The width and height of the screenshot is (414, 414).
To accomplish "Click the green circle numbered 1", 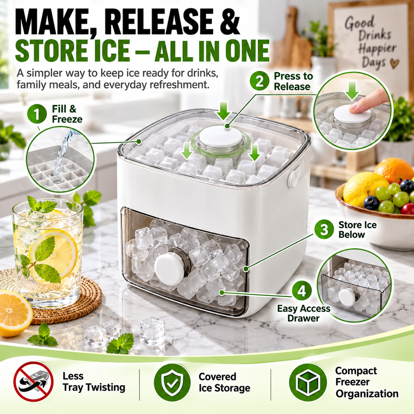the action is pos(37,114).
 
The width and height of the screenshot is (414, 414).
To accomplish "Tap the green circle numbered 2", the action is pos(260,81).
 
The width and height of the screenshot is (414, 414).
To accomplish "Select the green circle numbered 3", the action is pos(324,229).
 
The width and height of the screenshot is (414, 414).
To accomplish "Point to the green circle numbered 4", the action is pos(302,291).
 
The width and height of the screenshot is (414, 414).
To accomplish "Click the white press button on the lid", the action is pos(222,137).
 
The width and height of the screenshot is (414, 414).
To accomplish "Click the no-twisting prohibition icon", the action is pos(34,382).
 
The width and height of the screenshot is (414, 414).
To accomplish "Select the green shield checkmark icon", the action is pos(172,382).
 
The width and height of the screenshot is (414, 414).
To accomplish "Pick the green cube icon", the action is pos(308,382).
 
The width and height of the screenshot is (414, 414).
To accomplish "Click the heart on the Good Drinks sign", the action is pos(395,63).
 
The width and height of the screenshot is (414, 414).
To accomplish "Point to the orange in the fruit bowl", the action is pos(393,170).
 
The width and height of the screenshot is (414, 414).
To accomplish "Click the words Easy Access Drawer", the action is pos(304,313).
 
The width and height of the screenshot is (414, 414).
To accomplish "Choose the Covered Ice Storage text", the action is pos(224,382).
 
